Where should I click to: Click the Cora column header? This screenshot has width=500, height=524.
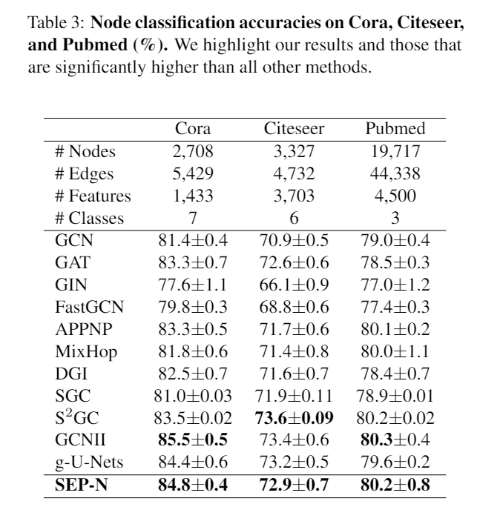tap(193, 130)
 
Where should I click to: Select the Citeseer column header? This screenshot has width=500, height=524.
tap(294, 130)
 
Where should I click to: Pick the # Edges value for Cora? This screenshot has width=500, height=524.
tap(193, 174)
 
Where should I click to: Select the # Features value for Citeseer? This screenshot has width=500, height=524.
tap(294, 196)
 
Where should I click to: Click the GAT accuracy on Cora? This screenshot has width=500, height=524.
tap(193, 263)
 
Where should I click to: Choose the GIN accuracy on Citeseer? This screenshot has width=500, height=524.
tap(294, 285)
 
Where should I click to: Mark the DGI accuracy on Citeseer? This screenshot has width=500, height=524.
tap(294, 374)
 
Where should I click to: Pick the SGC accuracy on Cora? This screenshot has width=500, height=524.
tap(194, 397)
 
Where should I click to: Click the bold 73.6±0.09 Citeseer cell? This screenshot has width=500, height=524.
tap(295, 419)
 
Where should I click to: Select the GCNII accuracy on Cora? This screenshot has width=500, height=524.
tap(193, 442)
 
